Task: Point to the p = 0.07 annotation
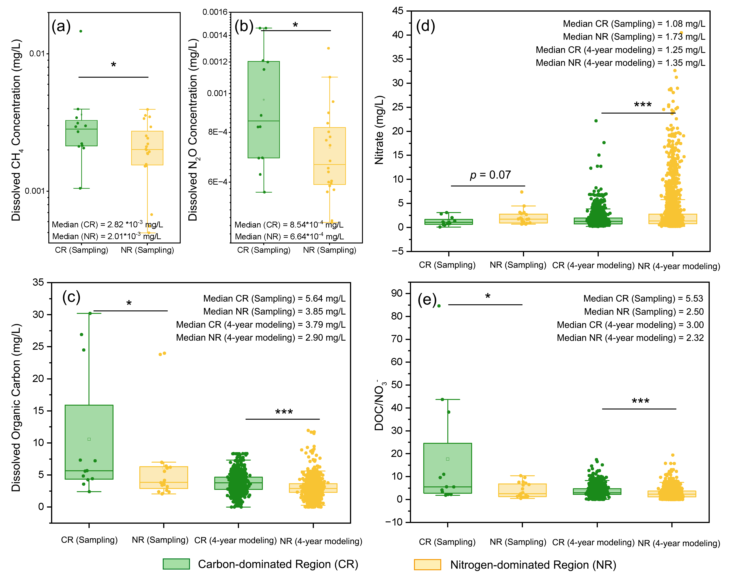pos(490,175)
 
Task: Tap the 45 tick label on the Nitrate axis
pos(398,11)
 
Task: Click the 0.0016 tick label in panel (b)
pos(215,12)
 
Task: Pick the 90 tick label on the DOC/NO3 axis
pos(397,293)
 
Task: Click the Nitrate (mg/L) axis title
pos(379,130)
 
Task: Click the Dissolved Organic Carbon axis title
pos(16,408)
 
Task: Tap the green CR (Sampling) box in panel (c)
pos(89,442)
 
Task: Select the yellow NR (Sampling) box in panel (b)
pos(329,156)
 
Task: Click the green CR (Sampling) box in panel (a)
pos(81,133)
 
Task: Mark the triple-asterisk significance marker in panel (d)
pos(643,105)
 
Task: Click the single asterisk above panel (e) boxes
pos(488,296)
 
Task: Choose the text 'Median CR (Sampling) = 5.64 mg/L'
pos(274,298)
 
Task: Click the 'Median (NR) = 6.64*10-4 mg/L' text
pos(289,237)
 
